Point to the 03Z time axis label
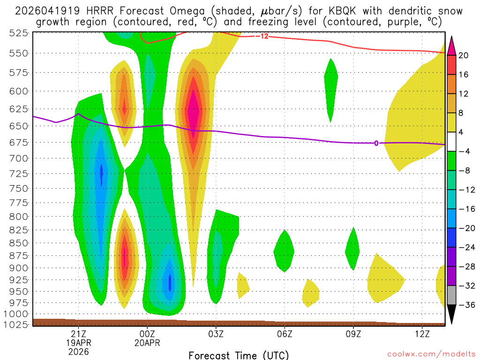pos(216,334)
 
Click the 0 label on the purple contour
pos(376,143)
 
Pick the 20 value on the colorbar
pos(464,55)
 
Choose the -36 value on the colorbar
pos(465,305)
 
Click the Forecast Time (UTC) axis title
pos(239,355)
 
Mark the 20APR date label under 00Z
pos(148,343)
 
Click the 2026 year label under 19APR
pos(78,351)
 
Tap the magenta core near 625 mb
pos(193,111)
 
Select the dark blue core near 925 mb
pos(170,281)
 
